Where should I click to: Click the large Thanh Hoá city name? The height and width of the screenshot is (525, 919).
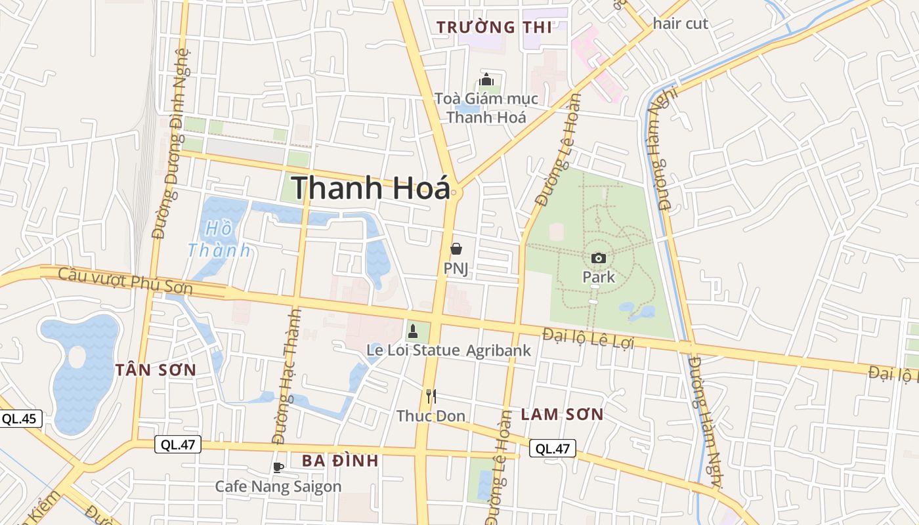(371, 188)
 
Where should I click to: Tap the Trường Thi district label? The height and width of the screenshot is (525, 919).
(494, 27)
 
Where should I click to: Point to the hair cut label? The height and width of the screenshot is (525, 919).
(681, 24)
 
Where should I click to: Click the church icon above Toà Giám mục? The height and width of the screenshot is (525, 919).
(486, 80)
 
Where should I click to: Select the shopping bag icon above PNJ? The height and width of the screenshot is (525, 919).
(456, 249)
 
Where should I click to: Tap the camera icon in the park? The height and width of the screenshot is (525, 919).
(598, 258)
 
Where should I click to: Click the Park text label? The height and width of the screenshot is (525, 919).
(599, 277)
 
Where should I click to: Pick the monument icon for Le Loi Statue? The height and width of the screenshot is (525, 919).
(413, 331)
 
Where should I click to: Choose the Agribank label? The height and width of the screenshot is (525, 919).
(498, 350)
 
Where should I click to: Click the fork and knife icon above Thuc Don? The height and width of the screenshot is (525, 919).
(431, 396)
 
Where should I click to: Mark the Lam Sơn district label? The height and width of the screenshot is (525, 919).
(561, 415)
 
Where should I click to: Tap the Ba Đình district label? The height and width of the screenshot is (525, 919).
(340, 461)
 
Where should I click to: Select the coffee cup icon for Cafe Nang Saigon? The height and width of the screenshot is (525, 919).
(278, 467)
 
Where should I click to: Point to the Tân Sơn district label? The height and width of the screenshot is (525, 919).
(156, 370)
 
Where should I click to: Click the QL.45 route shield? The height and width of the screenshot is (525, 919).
(20, 419)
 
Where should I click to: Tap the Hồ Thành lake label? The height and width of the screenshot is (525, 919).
(219, 240)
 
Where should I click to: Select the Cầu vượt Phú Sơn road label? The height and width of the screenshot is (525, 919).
(125, 281)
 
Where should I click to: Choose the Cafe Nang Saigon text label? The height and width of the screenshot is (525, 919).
(278, 487)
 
